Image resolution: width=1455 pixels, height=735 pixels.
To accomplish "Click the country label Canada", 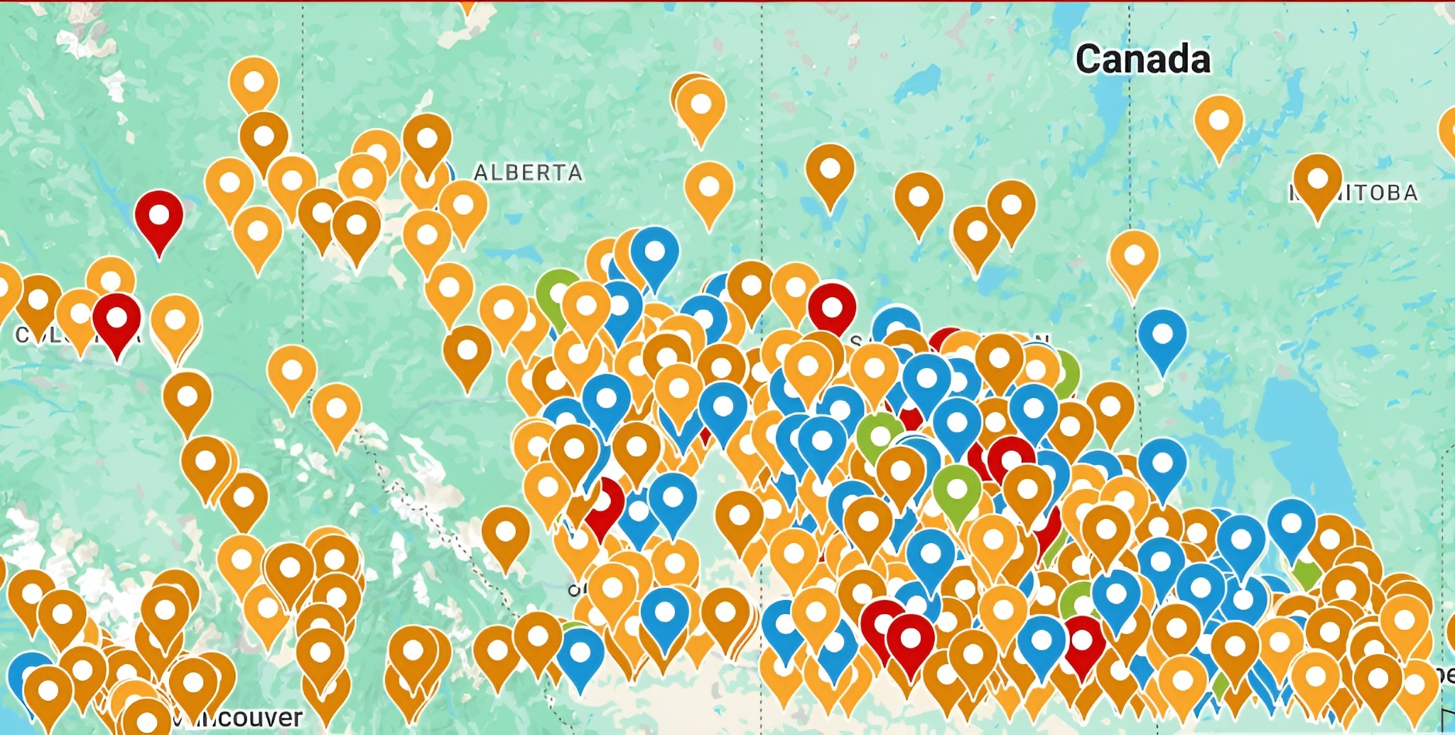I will coord(1142,59).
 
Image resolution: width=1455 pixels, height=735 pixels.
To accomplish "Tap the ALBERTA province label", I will coord(528,173).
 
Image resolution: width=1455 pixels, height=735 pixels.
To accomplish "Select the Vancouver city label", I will coord(242,717).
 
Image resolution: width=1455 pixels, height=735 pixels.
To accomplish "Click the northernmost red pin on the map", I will coord(159,216).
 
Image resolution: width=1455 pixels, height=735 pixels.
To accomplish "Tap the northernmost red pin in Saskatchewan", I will coord(831,310).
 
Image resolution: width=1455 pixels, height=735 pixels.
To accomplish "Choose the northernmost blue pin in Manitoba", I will coord(1162,336).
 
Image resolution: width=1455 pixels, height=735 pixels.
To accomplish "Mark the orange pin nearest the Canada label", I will coord(1218,122).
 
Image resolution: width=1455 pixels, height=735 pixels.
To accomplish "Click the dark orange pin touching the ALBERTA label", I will coord(427,140).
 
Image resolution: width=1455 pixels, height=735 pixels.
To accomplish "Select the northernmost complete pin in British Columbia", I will coord(254,83).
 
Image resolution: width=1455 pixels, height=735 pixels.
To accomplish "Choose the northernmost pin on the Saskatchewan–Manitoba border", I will coord(1134,257).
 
